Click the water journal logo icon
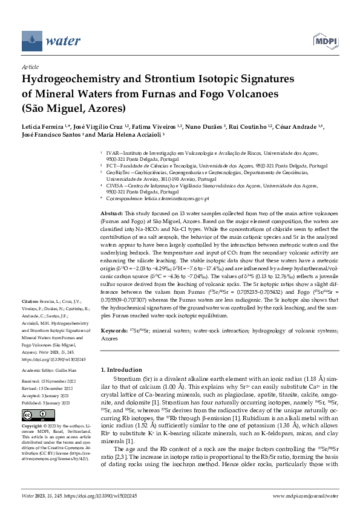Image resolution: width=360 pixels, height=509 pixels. click(33, 41)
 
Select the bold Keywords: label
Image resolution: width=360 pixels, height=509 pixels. click(114, 331)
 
